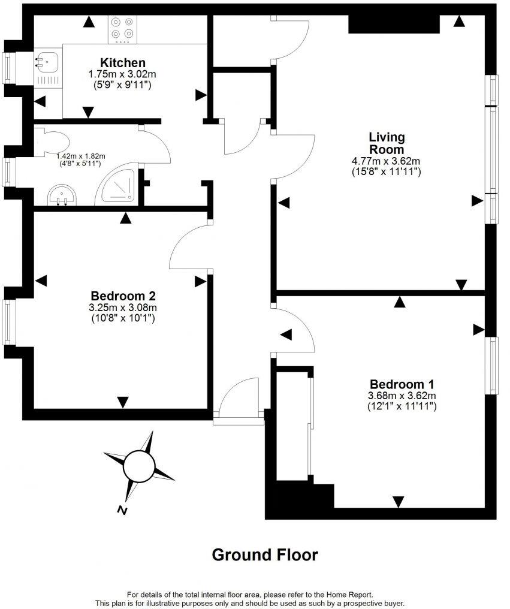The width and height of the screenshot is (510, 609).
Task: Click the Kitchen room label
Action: (122, 62)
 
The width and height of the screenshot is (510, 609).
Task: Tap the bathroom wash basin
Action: (62, 195)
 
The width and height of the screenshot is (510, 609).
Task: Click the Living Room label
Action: (386, 143)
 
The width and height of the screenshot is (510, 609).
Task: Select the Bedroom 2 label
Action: (123, 296)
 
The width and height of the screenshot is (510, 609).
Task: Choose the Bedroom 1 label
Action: (402, 384)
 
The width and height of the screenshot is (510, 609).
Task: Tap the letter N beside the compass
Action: (122, 511)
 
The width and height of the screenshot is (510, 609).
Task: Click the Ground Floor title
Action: (265, 555)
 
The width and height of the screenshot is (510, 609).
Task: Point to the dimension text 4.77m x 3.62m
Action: (386, 161)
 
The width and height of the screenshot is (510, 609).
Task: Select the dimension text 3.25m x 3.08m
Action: (123, 307)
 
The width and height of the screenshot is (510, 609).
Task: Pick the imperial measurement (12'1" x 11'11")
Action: (402, 406)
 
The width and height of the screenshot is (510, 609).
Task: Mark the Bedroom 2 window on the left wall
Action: (8, 321)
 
